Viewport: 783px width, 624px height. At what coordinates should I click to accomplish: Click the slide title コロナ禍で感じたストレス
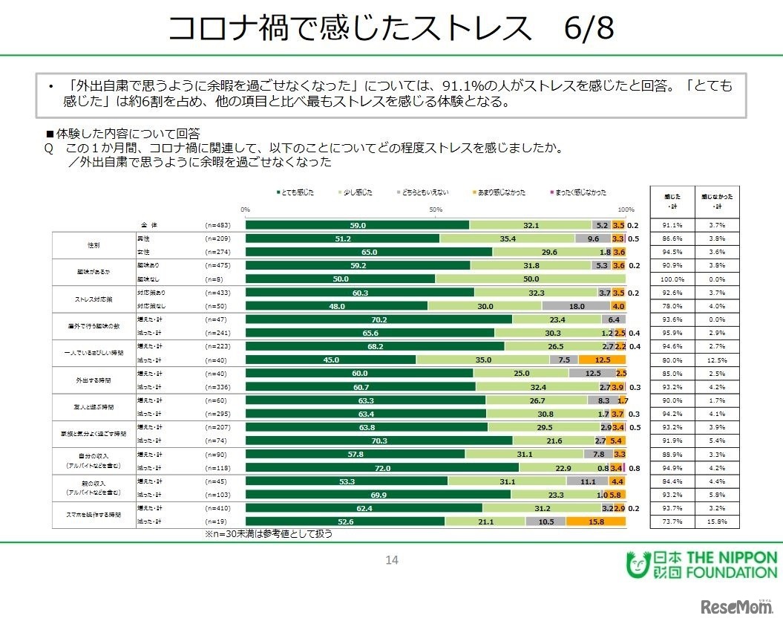pos(349,29)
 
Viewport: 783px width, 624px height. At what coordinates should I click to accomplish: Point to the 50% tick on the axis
pos(436,209)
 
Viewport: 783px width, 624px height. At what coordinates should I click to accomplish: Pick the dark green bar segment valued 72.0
pos(382,468)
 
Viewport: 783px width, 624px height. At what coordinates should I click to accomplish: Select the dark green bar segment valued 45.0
pos(331,360)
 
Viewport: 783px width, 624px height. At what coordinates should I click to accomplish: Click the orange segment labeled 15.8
pos(595,521)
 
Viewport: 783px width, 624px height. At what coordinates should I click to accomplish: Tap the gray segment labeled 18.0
pos(576,305)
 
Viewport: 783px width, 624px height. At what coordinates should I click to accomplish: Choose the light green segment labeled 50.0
pos(531,279)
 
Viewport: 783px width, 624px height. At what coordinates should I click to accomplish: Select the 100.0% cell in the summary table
pos(672,279)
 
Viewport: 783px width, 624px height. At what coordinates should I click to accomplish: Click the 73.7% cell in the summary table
pos(672,521)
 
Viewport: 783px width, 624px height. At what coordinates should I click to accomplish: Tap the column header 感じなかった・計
pos(718,201)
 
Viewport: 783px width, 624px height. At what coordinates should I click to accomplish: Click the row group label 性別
pos(94,244)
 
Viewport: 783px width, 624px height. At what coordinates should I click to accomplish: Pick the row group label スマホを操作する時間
pos(94,514)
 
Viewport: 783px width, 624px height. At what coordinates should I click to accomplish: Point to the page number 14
pos(392,560)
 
